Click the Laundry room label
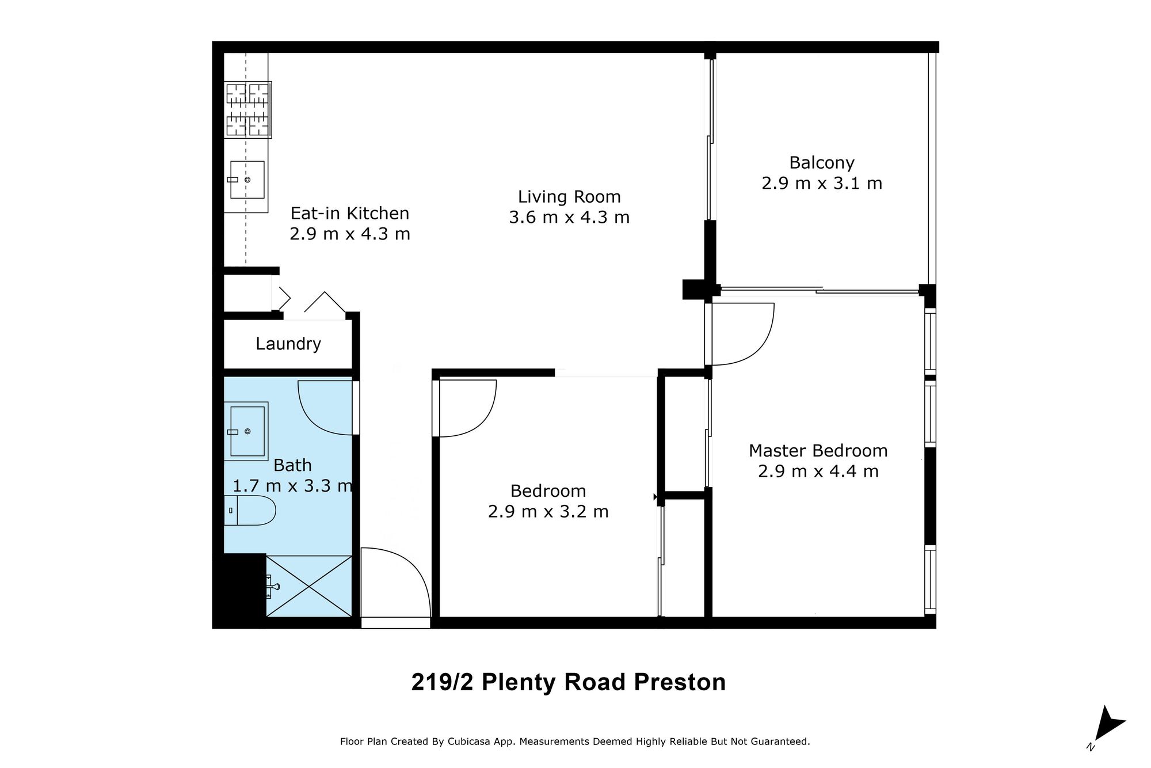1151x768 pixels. coord(288,344)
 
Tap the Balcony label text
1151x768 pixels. coord(822,163)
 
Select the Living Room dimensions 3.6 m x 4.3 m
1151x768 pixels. coord(569,218)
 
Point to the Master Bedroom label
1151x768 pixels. coord(818,450)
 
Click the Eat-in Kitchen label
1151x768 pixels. coord(350,213)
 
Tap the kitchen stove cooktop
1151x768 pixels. coord(248,109)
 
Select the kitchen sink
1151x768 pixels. coord(247,180)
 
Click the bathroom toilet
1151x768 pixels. coord(250,510)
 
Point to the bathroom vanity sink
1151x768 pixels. coord(247,431)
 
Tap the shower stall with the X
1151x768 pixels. coord(309,586)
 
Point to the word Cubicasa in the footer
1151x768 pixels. coord(468,742)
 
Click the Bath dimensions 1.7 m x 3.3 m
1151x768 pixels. coord(292,486)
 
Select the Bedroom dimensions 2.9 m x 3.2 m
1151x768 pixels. coord(548,512)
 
